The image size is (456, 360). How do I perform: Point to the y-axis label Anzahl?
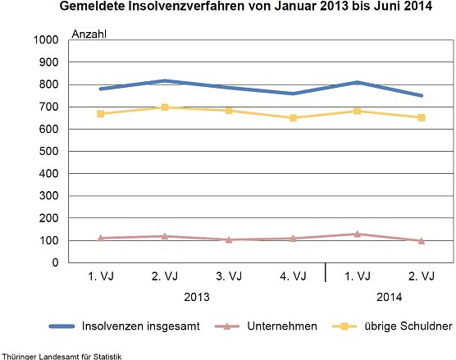coord(89,34)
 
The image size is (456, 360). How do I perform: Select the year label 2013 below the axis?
coord(196,298)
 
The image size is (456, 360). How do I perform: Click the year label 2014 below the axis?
coord(389,298)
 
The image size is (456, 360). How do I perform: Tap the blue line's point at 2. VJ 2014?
coord(421,95)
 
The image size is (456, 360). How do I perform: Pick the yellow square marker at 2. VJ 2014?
coord(421,117)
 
